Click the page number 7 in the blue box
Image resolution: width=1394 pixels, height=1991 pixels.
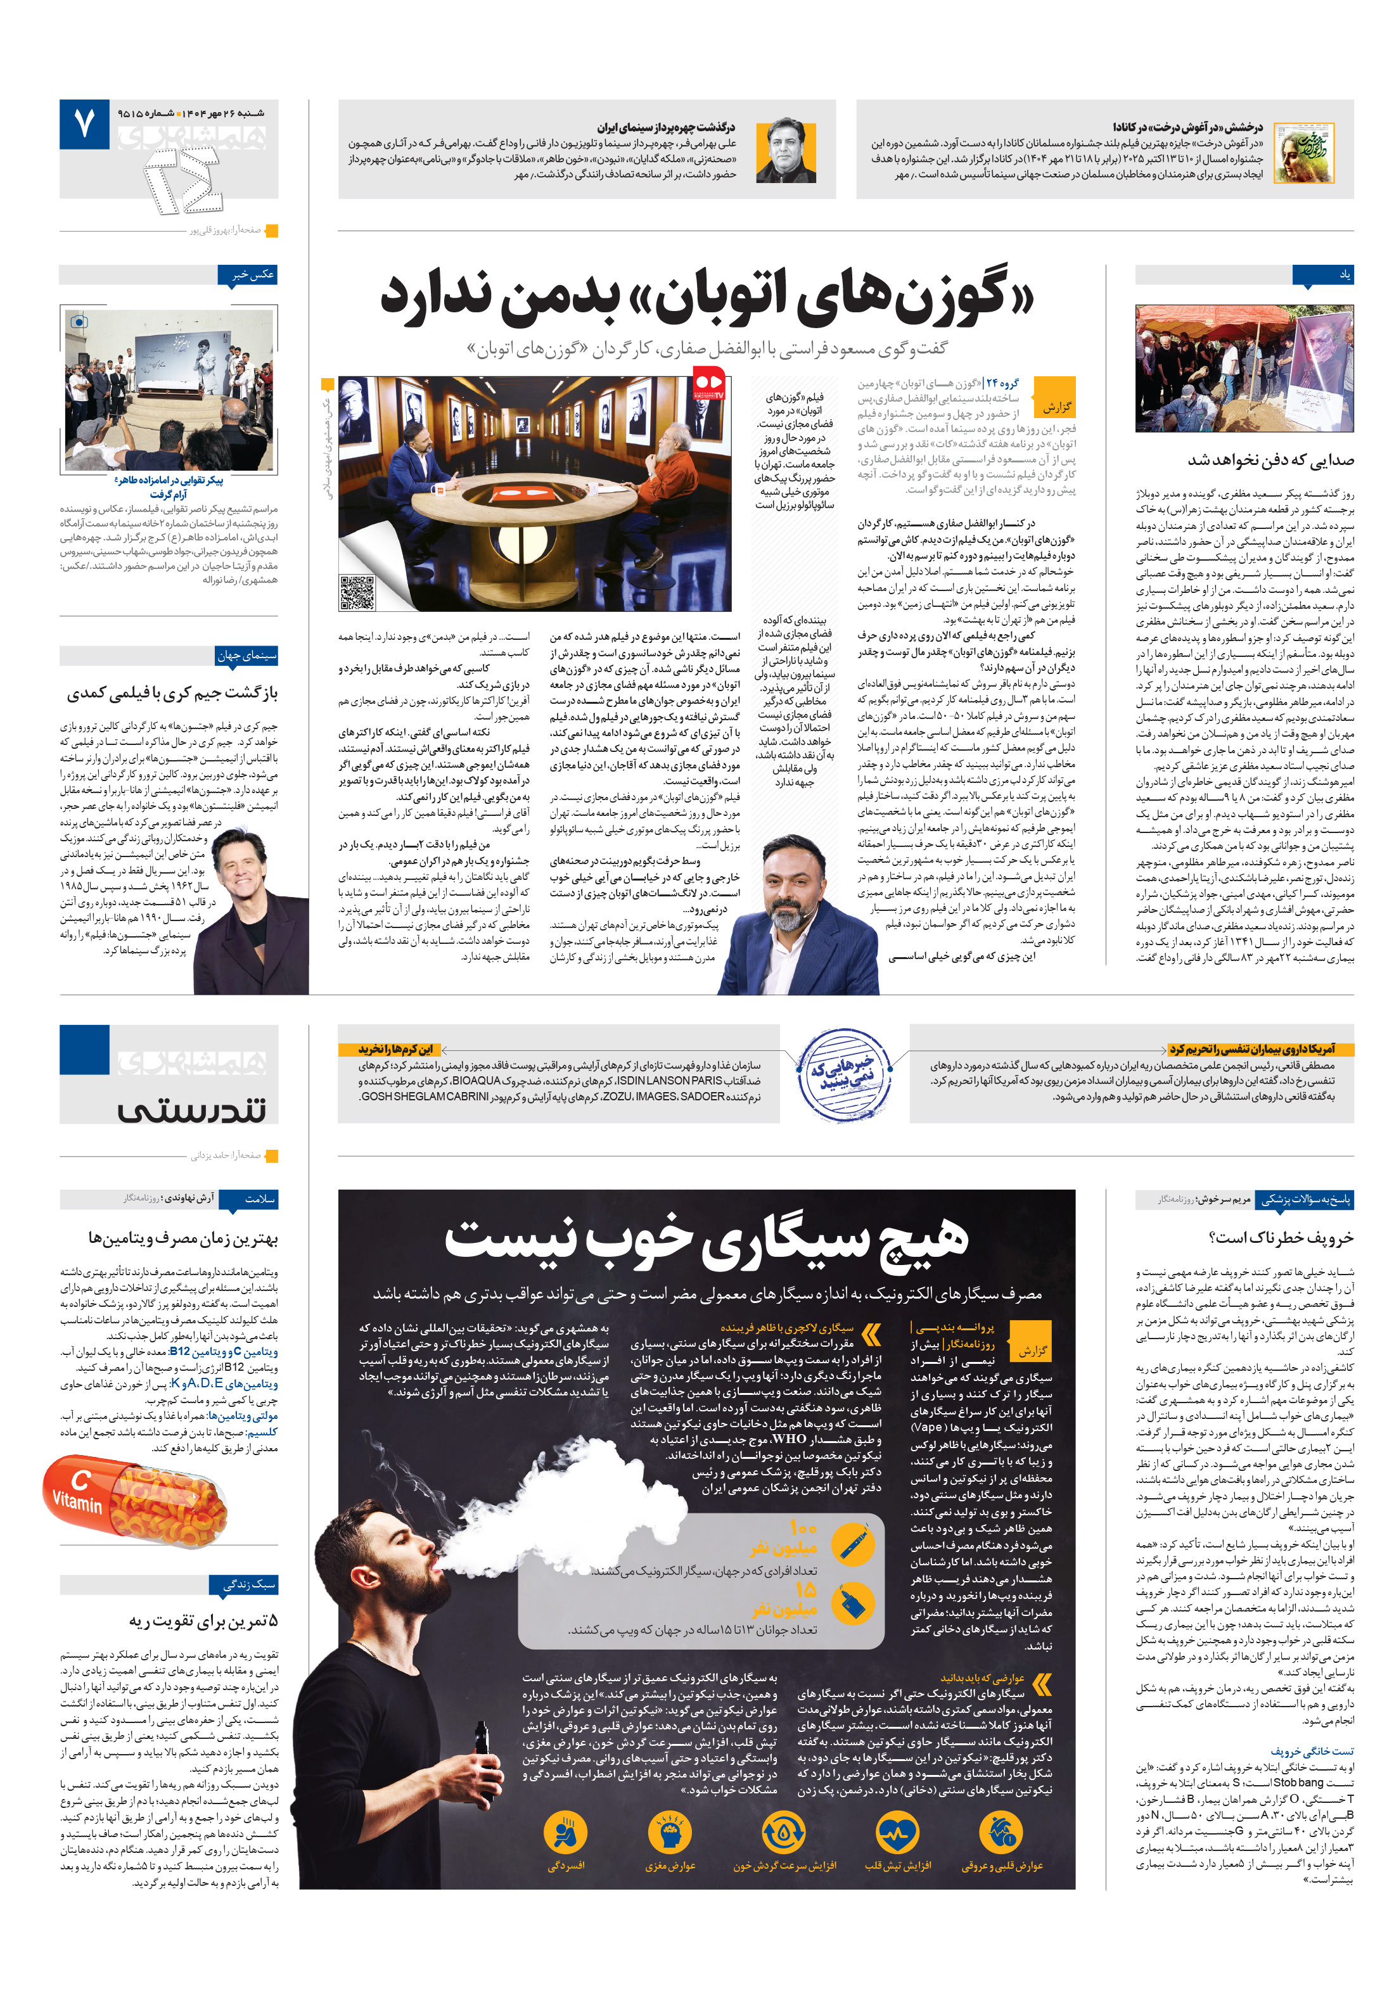84,124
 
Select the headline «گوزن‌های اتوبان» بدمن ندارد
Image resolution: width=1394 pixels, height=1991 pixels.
707,296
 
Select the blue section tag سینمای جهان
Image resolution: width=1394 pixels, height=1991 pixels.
246,656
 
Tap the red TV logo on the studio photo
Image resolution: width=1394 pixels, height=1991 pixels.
708,383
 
